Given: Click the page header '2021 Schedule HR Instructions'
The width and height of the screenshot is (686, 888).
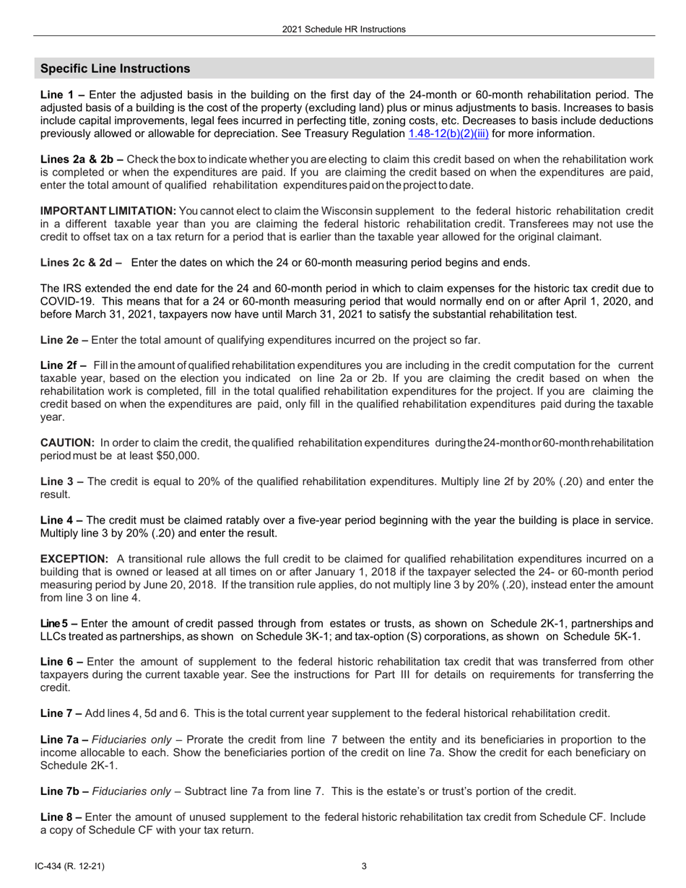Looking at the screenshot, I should tap(343, 30).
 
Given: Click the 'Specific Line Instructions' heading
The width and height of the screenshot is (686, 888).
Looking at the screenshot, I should tap(116, 69).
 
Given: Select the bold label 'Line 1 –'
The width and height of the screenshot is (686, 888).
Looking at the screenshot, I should tap(63, 95).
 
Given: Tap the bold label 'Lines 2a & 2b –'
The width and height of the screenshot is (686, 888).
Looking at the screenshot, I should tap(82, 159).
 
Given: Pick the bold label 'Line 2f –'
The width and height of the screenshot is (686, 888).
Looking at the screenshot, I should tap(64, 365).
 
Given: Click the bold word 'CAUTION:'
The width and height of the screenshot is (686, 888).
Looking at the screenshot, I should tap(67, 443).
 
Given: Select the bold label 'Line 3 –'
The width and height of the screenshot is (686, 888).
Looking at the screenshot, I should tap(62, 482).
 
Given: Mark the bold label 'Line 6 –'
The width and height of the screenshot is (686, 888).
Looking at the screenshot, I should tap(62, 662).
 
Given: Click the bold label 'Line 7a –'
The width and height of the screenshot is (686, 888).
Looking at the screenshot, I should tap(65, 740).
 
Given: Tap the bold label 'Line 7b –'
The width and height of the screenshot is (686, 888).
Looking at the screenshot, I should tap(65, 791).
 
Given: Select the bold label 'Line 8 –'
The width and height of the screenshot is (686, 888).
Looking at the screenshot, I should tap(62, 817).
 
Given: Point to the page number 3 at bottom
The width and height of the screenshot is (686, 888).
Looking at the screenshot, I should tap(364, 866).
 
